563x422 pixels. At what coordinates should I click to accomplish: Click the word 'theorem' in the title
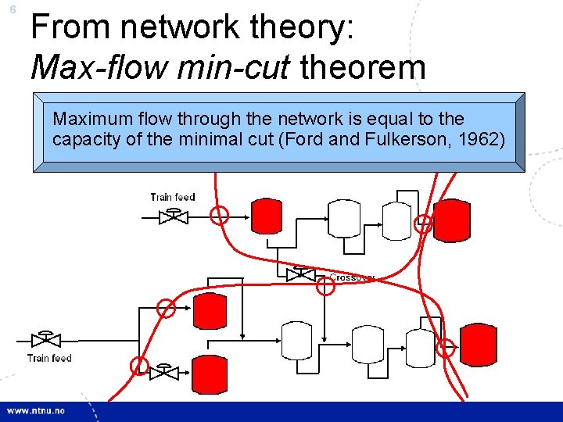[x=363, y=67]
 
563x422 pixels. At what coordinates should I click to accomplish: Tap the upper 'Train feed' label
[x=173, y=197]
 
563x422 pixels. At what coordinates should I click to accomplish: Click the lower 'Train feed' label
[x=49, y=359]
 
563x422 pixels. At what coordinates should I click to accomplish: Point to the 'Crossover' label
[x=353, y=277]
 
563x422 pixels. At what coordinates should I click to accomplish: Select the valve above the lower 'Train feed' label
[x=46, y=339]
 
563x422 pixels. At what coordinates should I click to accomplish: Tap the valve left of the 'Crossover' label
[x=298, y=274]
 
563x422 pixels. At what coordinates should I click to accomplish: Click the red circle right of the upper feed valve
[x=221, y=216]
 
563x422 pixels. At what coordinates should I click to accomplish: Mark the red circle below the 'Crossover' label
[x=325, y=287]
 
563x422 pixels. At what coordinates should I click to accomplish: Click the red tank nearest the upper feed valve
[x=267, y=216]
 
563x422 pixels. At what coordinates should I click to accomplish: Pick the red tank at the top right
[x=451, y=219]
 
